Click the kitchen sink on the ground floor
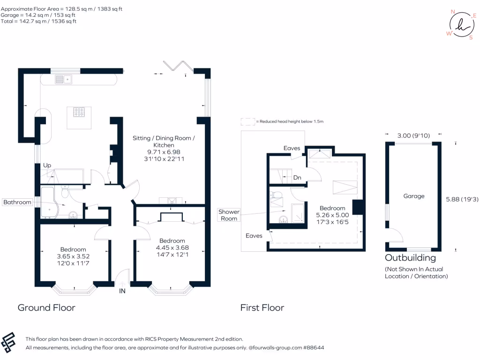coord(63,80)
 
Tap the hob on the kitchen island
coord(79,112)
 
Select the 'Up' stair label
coord(47,165)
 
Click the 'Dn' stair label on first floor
coord(297,178)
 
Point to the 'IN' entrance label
coord(122,291)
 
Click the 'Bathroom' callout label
coord(17,202)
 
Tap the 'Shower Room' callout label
coord(229,215)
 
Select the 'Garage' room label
coord(414,196)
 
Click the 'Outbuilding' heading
coord(411,258)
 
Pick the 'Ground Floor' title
coord(46,307)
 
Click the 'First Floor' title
coord(262,307)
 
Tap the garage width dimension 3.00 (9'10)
coord(413,135)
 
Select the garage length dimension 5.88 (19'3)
coord(462,199)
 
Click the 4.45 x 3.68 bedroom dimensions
coord(172,247)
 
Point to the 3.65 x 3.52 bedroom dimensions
coord(73,256)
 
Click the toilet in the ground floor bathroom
coord(65,192)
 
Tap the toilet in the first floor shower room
coord(277,195)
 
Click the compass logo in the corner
coord(462,25)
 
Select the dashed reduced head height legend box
coord(247,122)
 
